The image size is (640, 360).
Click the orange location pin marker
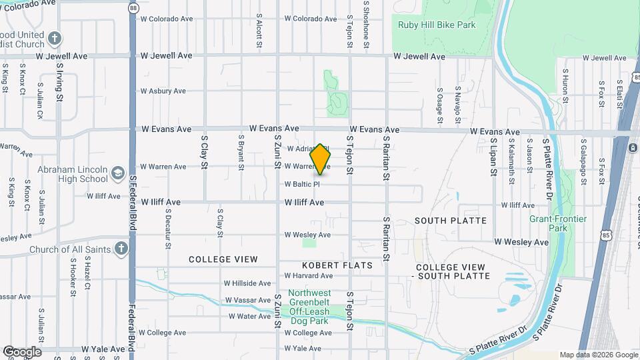[x=320, y=159]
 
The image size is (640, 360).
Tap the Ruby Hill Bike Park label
[x=437, y=25]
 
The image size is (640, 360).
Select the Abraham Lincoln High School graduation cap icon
[x=118, y=173]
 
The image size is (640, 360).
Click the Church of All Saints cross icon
[x=120, y=249]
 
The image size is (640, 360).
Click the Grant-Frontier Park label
[x=558, y=223]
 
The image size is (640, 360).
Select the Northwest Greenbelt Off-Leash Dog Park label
[x=309, y=307]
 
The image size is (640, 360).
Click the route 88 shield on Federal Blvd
[x=133, y=8]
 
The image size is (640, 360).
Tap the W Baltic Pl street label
[x=303, y=184]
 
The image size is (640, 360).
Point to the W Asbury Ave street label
[x=163, y=91]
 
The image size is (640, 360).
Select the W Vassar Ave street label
[x=248, y=301]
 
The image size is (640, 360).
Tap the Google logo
[x=21, y=352]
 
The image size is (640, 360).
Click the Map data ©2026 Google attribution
[x=598, y=355]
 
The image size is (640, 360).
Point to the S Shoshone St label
[x=366, y=23]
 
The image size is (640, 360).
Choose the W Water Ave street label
[x=249, y=316]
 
